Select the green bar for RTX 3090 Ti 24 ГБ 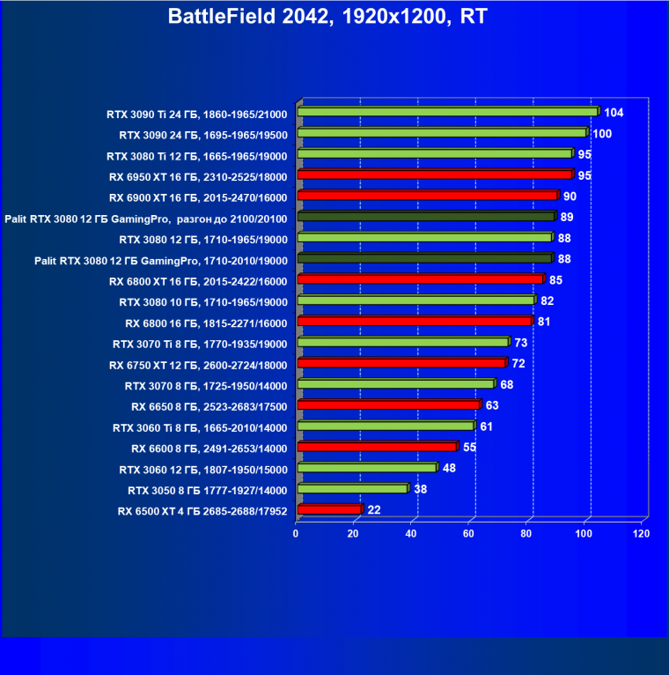pyautogui.click(x=447, y=112)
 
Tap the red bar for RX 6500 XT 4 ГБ pyautogui.click(x=329, y=509)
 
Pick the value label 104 pyautogui.click(x=614, y=113)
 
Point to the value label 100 pyautogui.click(x=602, y=133)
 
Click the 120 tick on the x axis pyautogui.click(x=642, y=534)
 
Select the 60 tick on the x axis pyautogui.click(x=469, y=534)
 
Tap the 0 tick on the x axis pyautogui.click(x=297, y=534)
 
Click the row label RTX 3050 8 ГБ pyautogui.click(x=208, y=490)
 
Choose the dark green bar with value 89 pyautogui.click(x=426, y=217)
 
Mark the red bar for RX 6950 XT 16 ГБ pyautogui.click(x=435, y=174)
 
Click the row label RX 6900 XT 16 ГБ pyautogui.click(x=198, y=197)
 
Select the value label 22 pyautogui.click(x=374, y=510)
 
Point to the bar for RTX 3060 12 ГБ pyautogui.click(x=367, y=468)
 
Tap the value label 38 pyautogui.click(x=421, y=489)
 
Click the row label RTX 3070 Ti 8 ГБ pyautogui.click(x=200, y=344)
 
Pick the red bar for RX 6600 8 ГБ pyautogui.click(x=377, y=447)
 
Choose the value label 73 pyautogui.click(x=521, y=343)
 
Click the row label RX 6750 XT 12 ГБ pyautogui.click(x=198, y=365)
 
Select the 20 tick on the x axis pyautogui.click(x=354, y=534)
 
